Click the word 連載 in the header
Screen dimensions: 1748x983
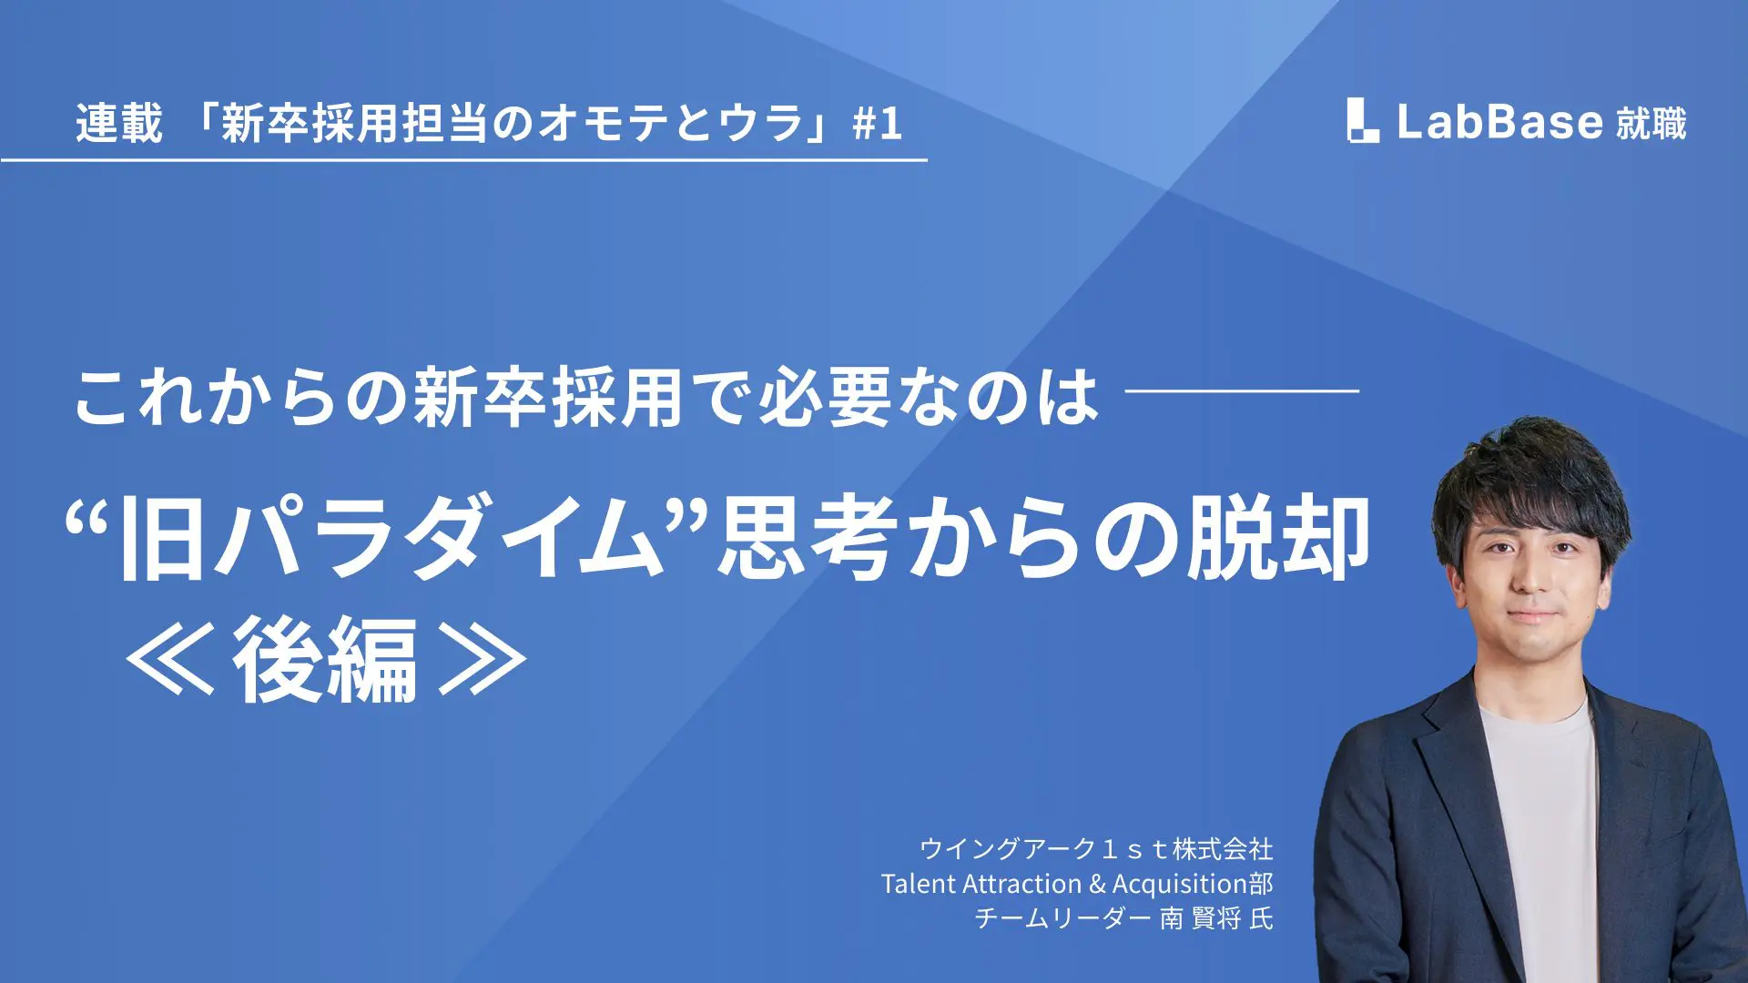119,123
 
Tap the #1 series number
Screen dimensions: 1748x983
878,124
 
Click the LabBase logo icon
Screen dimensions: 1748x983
1363,120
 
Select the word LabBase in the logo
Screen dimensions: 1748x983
1499,121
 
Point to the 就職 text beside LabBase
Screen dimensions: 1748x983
1651,123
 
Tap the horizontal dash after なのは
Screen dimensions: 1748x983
1243,390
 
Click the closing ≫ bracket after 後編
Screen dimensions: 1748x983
483,659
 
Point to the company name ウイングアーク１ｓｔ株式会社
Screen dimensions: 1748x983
1096,849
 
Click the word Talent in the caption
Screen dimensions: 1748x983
919,884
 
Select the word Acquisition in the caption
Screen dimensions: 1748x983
1180,885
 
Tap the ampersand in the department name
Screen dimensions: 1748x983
1097,885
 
